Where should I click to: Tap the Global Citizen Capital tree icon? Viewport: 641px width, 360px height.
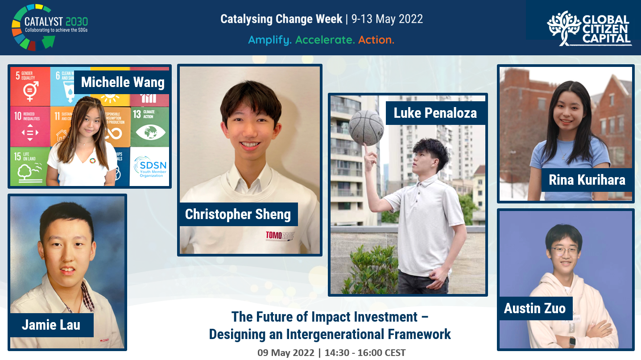[x=563, y=28]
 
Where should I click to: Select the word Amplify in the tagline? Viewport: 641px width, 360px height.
[x=270, y=40]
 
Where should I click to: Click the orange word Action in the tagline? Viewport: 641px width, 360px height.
[x=376, y=40]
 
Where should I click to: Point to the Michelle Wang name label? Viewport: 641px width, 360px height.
[x=122, y=82]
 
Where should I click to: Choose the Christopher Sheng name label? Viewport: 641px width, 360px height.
[x=238, y=214]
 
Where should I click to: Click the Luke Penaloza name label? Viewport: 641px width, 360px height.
[x=435, y=113]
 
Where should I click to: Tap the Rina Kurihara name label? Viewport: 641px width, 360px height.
[x=587, y=180]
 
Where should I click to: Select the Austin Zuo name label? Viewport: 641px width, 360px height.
[x=534, y=308]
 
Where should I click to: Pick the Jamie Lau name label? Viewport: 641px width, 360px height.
[x=51, y=324]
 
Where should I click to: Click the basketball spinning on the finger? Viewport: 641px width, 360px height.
[x=366, y=128]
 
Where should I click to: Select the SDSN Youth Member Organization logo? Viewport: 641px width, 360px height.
[x=149, y=166]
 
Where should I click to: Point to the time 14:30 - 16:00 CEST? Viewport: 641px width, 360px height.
[x=365, y=352]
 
